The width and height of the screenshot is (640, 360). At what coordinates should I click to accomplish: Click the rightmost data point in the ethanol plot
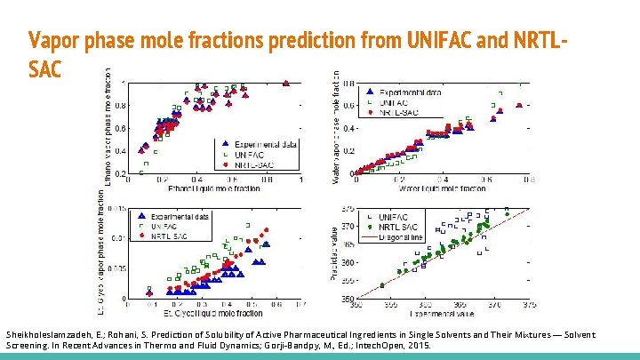coord(286,84)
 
